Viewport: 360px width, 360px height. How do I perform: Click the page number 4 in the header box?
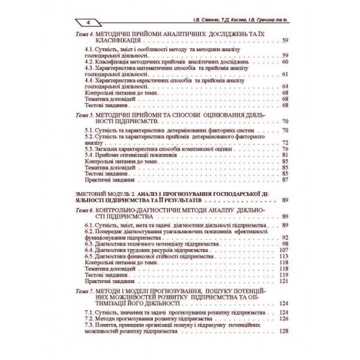coord(88,22)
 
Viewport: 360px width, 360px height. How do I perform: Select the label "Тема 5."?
coord(82,113)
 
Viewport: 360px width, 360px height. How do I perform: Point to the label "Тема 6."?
coord(82,212)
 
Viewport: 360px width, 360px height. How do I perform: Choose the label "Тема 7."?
coord(82,290)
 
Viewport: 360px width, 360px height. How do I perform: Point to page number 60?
coord(285,61)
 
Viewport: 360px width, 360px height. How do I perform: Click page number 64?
coord(285,86)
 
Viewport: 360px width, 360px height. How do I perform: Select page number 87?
coord(285,179)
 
